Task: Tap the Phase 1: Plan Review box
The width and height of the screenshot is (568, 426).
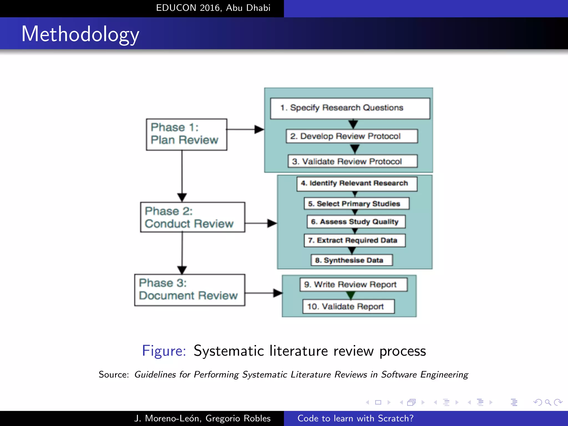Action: tap(186, 135)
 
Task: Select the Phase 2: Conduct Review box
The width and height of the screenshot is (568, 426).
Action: tap(192, 217)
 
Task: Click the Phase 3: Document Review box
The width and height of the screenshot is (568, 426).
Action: tap(189, 290)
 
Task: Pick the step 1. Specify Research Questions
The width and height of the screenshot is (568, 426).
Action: tap(350, 108)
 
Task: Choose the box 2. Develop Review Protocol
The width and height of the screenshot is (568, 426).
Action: tap(352, 136)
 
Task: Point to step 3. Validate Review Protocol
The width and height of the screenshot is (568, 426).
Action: tap(352, 161)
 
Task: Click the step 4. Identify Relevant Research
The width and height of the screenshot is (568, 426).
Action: tap(357, 184)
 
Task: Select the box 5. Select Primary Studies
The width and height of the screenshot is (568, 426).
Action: tap(356, 204)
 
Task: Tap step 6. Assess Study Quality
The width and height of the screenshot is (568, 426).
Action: tap(356, 222)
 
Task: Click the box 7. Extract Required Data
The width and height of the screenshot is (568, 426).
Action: tap(354, 240)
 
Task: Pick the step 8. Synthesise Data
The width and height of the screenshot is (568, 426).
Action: tap(351, 260)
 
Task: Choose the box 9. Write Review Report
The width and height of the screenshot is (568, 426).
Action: tap(353, 285)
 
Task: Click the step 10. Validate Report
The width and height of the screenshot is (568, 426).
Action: tap(348, 306)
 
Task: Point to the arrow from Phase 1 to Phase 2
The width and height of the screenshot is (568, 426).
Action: tap(182, 175)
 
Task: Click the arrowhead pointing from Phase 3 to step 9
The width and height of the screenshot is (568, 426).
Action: tap(277, 293)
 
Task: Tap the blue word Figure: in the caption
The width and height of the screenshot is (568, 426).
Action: tap(164, 351)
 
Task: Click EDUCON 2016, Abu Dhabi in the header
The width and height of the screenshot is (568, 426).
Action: tap(213, 8)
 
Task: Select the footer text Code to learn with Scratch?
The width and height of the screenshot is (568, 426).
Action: tap(355, 418)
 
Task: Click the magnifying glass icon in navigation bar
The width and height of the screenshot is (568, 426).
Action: tap(548, 402)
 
